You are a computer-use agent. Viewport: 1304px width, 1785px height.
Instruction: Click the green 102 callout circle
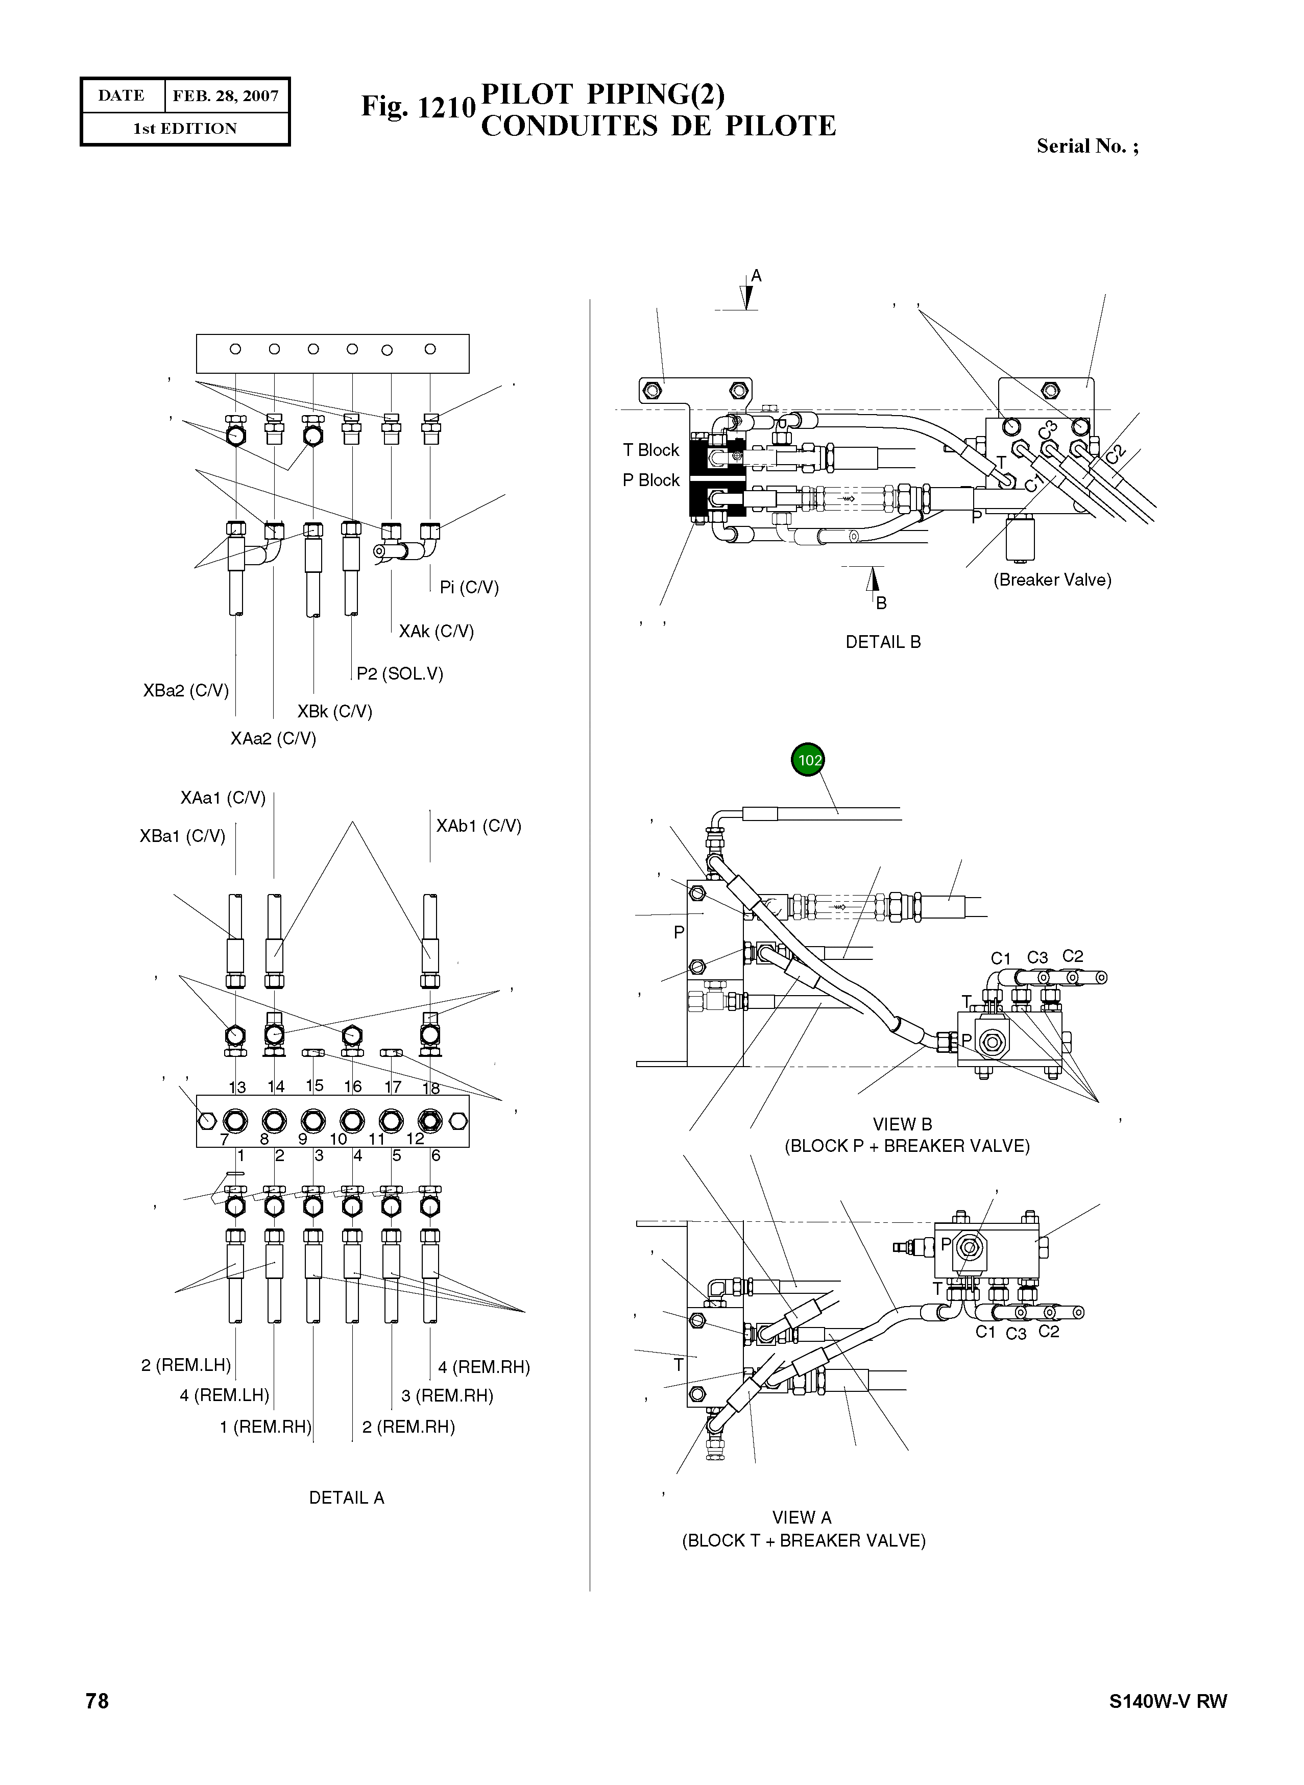808,759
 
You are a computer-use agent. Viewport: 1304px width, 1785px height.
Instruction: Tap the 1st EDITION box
185,129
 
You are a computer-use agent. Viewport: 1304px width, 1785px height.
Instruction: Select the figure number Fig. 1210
418,107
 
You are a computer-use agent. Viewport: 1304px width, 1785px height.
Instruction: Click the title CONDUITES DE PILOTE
658,126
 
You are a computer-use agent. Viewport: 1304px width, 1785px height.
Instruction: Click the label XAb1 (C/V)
478,826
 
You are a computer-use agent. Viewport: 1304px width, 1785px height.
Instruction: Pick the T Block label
650,450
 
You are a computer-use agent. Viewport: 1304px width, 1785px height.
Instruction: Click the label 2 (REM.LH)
185,1365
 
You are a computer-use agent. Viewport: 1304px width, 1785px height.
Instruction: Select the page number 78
97,1701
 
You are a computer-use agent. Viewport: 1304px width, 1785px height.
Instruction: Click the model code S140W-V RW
1168,1701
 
